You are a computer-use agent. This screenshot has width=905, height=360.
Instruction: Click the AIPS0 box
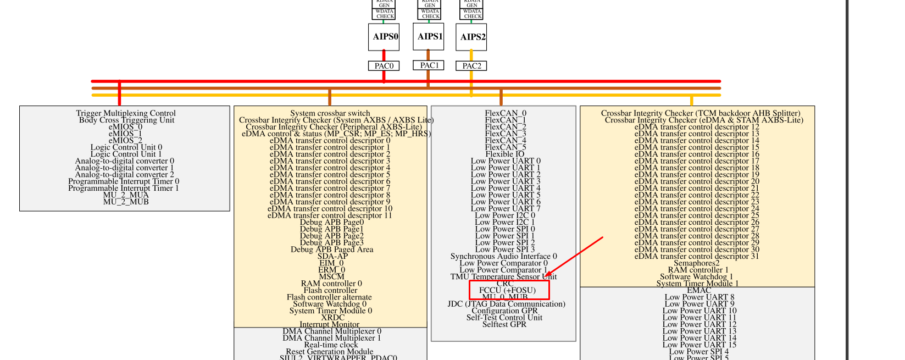[x=384, y=37]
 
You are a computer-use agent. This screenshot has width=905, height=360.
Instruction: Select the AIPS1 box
[x=429, y=36]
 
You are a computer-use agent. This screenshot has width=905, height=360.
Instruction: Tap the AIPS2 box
[x=471, y=37]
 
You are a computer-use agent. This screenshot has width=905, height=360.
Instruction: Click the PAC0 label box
[x=384, y=66]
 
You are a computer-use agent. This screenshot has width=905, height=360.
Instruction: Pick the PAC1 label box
[x=429, y=65]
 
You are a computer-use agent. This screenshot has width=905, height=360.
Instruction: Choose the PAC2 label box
[x=471, y=66]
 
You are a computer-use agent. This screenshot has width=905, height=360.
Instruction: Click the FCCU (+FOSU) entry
[x=507, y=290]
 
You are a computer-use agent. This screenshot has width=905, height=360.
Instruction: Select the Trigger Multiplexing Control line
[x=126, y=113]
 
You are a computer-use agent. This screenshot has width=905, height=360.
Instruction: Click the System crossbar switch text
[x=330, y=113]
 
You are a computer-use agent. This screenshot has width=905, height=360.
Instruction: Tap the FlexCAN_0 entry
[x=505, y=113]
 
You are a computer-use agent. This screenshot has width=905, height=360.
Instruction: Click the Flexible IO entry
[x=504, y=154]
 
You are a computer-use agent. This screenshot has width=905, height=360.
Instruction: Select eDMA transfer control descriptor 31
[x=697, y=256]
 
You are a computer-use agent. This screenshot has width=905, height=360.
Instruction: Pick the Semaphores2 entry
[x=697, y=263]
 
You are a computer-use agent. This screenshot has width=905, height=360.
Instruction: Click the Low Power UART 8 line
[x=699, y=297]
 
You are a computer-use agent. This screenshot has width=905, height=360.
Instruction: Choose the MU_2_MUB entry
[x=126, y=202]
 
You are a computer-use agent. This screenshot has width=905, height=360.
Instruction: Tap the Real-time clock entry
[x=331, y=345]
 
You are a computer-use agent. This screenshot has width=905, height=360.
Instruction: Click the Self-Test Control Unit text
[x=504, y=318]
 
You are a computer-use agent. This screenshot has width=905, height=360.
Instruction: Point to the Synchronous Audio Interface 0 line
[x=503, y=256]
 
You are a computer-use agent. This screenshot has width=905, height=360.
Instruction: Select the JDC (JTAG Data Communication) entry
[x=506, y=304]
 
